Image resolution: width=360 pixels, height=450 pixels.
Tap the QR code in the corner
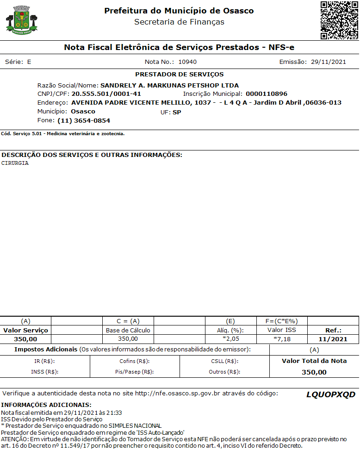(339, 20)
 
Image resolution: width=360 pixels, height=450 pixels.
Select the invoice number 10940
(187, 62)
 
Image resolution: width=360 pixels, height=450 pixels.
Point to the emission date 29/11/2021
(328, 62)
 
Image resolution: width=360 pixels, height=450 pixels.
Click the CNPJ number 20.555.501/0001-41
(106, 94)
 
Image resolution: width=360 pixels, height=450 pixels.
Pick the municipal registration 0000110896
(266, 94)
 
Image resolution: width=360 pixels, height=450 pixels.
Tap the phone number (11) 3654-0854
(84, 120)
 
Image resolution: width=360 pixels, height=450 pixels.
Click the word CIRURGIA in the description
(15, 163)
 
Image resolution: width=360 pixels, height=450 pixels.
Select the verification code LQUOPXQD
(330, 394)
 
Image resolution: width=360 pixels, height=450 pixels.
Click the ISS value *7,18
(281, 339)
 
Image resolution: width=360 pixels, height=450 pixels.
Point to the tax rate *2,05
(230, 339)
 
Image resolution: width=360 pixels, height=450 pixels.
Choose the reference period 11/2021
(333, 339)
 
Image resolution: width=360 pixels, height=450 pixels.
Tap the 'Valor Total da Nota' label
(314, 361)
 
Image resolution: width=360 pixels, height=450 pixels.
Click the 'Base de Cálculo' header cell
(128, 330)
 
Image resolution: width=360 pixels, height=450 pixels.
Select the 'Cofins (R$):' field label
(134, 361)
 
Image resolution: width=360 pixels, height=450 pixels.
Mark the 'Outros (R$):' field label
(223, 372)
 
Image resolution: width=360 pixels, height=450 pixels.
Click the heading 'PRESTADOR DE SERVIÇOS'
(179, 74)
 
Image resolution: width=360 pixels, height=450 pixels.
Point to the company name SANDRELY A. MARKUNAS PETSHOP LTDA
(169, 85)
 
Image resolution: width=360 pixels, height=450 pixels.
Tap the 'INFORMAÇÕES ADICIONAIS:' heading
(46, 405)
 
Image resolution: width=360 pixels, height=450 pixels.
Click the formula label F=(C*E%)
(281, 321)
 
